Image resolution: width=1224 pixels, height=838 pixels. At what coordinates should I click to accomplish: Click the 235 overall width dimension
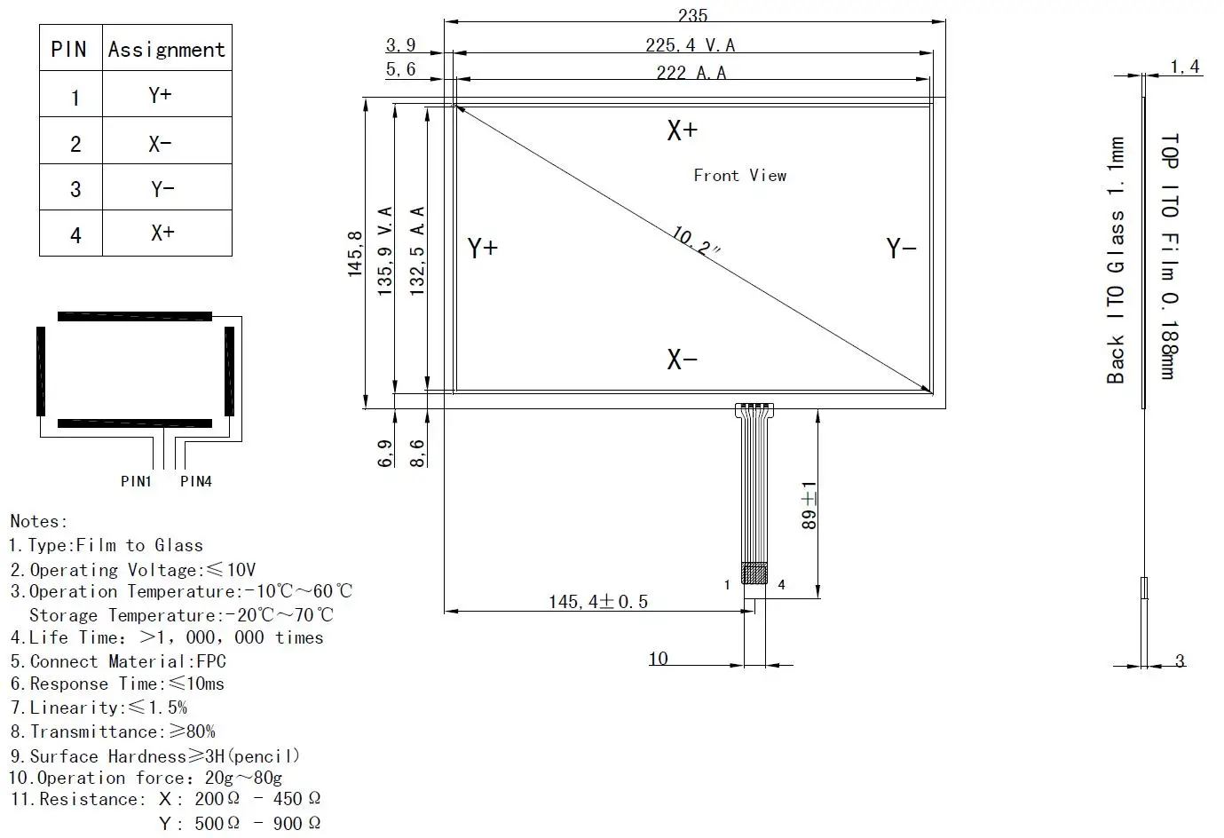click(x=692, y=15)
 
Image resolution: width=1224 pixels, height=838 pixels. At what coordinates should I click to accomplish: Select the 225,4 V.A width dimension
click(x=690, y=45)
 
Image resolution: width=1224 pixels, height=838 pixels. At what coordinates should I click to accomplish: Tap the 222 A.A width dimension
click(x=691, y=73)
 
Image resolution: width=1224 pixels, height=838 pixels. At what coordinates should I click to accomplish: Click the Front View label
click(x=739, y=176)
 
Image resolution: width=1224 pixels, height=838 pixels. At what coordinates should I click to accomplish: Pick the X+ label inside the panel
click(x=682, y=130)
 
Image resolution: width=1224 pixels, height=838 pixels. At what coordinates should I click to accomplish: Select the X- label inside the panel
click(x=682, y=360)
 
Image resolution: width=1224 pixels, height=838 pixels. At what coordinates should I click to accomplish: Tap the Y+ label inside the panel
click(x=483, y=248)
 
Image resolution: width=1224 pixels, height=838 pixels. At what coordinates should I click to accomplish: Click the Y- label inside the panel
click(x=901, y=249)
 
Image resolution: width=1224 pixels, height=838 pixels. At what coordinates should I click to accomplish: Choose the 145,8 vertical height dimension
click(x=356, y=254)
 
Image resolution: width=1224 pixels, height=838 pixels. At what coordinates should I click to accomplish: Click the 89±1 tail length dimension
click(x=809, y=505)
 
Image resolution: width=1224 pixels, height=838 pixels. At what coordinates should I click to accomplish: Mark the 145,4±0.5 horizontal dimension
click(x=597, y=602)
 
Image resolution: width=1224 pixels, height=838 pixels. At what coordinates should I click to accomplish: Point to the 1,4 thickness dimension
click(x=1184, y=67)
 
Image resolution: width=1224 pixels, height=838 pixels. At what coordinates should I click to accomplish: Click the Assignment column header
click(x=167, y=50)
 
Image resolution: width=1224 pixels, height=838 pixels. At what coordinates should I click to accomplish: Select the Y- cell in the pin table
click(x=162, y=188)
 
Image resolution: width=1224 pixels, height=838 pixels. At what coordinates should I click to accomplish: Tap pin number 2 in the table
click(x=75, y=143)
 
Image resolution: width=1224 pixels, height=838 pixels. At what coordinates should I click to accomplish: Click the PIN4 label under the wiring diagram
click(x=196, y=481)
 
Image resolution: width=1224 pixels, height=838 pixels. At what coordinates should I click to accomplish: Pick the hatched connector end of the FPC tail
click(x=754, y=573)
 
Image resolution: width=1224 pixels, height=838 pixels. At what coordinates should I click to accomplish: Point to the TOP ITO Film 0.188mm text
click(x=1169, y=257)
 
